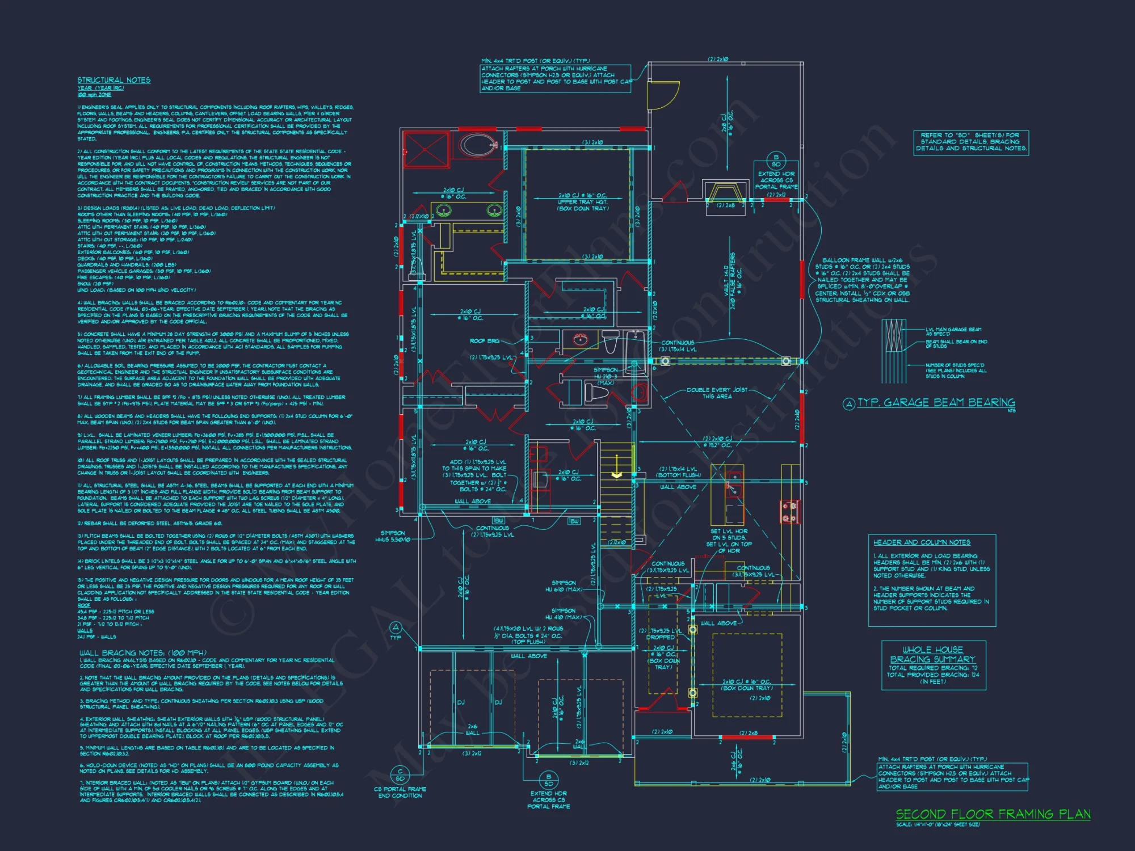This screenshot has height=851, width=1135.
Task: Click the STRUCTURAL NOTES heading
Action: (114, 81)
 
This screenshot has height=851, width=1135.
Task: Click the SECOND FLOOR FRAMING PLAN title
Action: (993, 814)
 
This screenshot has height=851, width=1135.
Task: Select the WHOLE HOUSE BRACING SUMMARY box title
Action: (932, 654)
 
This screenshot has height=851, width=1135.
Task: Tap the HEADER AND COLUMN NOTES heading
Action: (922, 542)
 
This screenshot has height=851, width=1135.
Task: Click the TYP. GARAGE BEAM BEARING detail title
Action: (936, 403)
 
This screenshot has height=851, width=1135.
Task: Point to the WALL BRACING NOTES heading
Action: (143, 653)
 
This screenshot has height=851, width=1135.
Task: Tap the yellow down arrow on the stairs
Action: (616, 474)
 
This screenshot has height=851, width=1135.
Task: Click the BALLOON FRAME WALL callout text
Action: (863, 280)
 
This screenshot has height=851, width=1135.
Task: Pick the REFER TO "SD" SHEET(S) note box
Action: (970, 142)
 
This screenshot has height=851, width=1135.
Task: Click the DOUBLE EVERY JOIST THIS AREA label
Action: (717, 393)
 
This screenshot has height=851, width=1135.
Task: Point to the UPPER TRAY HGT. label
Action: (583, 202)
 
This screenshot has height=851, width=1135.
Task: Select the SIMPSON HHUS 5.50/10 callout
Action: (393, 536)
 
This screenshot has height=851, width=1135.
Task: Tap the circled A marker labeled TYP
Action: (396, 627)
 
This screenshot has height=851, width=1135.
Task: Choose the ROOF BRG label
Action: (484, 341)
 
